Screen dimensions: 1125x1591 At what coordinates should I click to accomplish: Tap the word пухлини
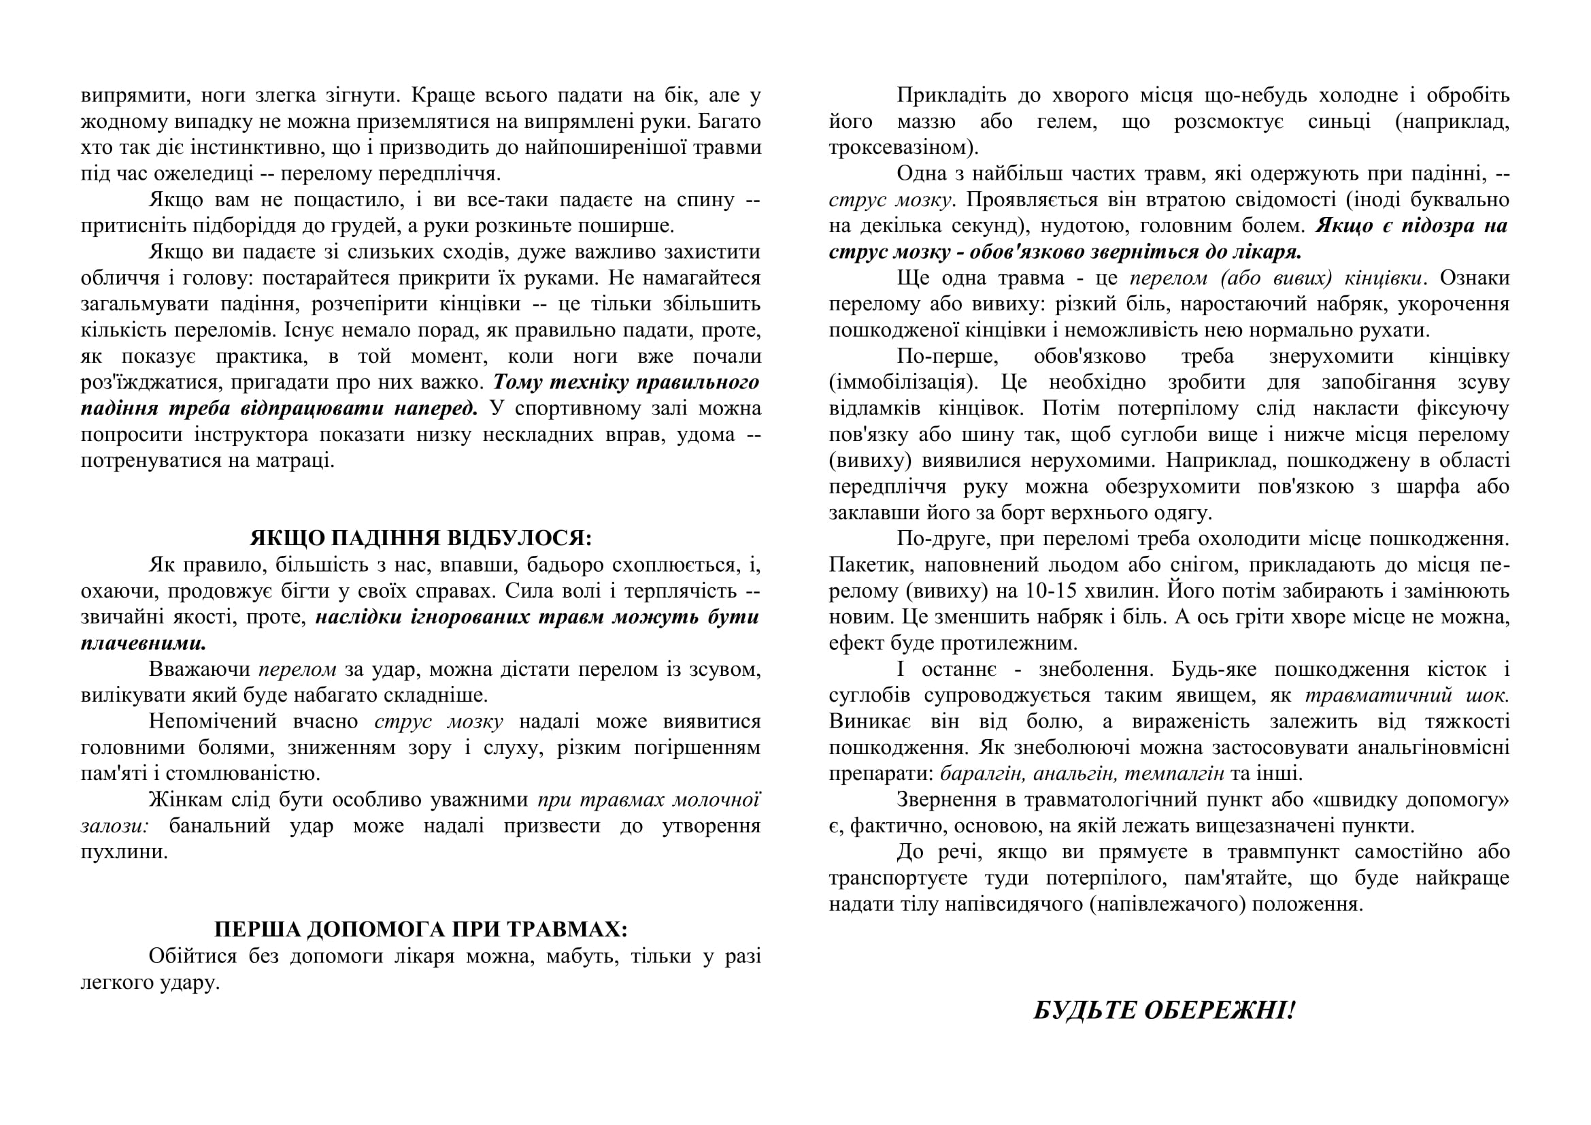coord(124,852)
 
